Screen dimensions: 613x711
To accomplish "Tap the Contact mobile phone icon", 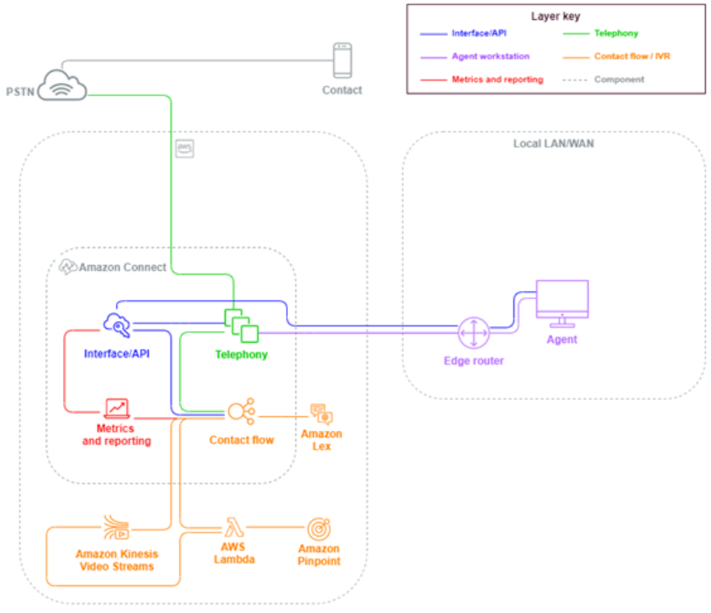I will (342, 61).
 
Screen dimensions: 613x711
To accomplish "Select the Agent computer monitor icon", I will (561, 303).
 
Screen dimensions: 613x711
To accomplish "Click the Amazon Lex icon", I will (321, 414).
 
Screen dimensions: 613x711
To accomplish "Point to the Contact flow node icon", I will (240, 411).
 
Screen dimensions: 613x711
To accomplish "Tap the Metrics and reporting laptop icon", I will (116, 408).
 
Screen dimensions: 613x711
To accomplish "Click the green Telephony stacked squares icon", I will (241, 325).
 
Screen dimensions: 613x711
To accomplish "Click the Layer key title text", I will (555, 16).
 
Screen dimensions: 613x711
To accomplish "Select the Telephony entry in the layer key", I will (616, 33).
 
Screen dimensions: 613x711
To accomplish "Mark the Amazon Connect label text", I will (122, 267).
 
